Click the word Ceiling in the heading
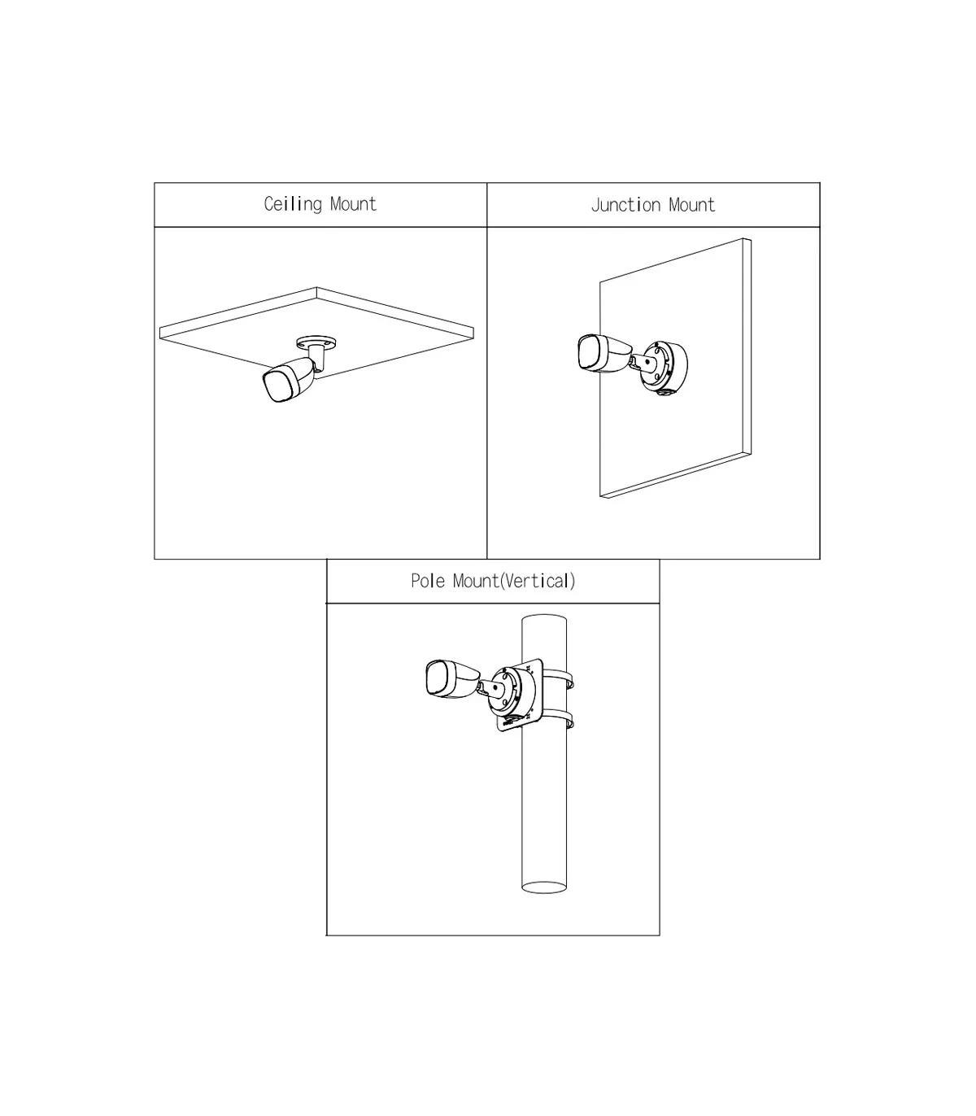coord(293,204)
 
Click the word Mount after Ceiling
coord(353,204)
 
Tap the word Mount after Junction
coord(691,205)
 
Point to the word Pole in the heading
coord(428,581)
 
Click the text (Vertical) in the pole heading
coord(538,581)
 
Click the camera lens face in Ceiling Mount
coord(277,386)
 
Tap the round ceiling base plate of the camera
coord(316,343)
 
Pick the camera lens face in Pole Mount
coord(438,678)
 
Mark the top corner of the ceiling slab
coord(316,287)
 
